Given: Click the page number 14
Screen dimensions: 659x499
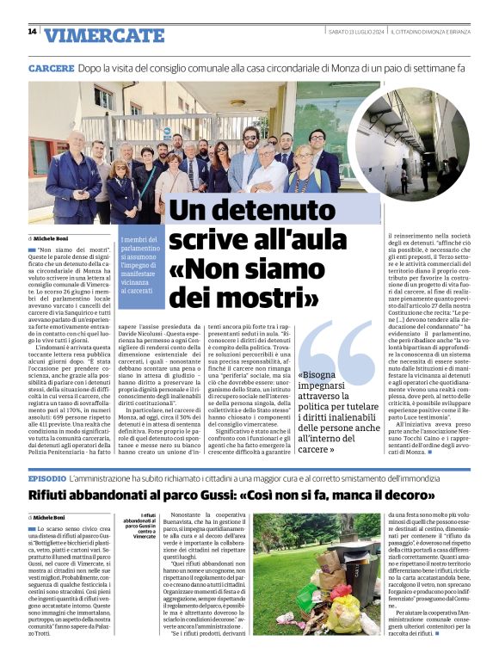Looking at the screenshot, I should pos(32,32).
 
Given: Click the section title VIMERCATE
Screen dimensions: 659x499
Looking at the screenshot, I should pos(104,35).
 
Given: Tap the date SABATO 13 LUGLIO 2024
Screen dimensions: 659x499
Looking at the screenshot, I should pos(355,32).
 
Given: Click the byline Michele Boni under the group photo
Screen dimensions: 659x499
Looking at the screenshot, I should pos(52,237).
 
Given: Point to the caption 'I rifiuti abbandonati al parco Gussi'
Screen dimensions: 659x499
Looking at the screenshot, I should pos(139,527).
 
